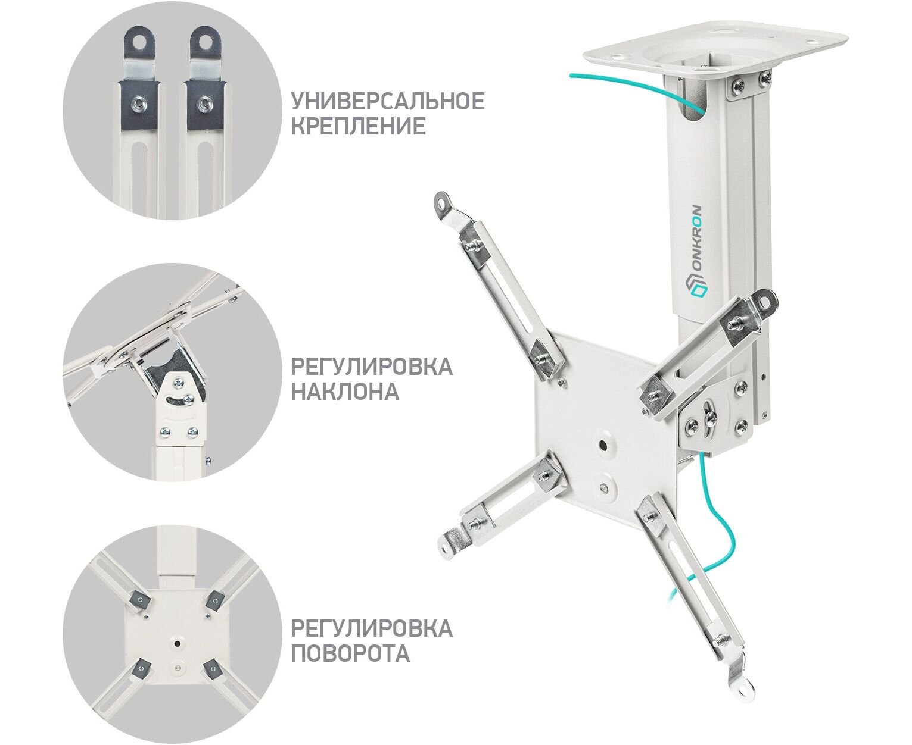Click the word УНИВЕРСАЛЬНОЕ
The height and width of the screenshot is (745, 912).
(x=387, y=101)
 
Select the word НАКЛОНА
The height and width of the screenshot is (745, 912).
(x=345, y=392)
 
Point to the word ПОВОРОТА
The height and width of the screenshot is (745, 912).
(x=350, y=653)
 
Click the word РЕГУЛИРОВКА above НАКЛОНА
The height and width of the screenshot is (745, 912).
(x=372, y=366)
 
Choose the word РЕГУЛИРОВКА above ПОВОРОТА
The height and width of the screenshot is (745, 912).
(x=372, y=628)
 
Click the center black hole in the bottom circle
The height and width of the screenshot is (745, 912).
(x=177, y=643)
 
